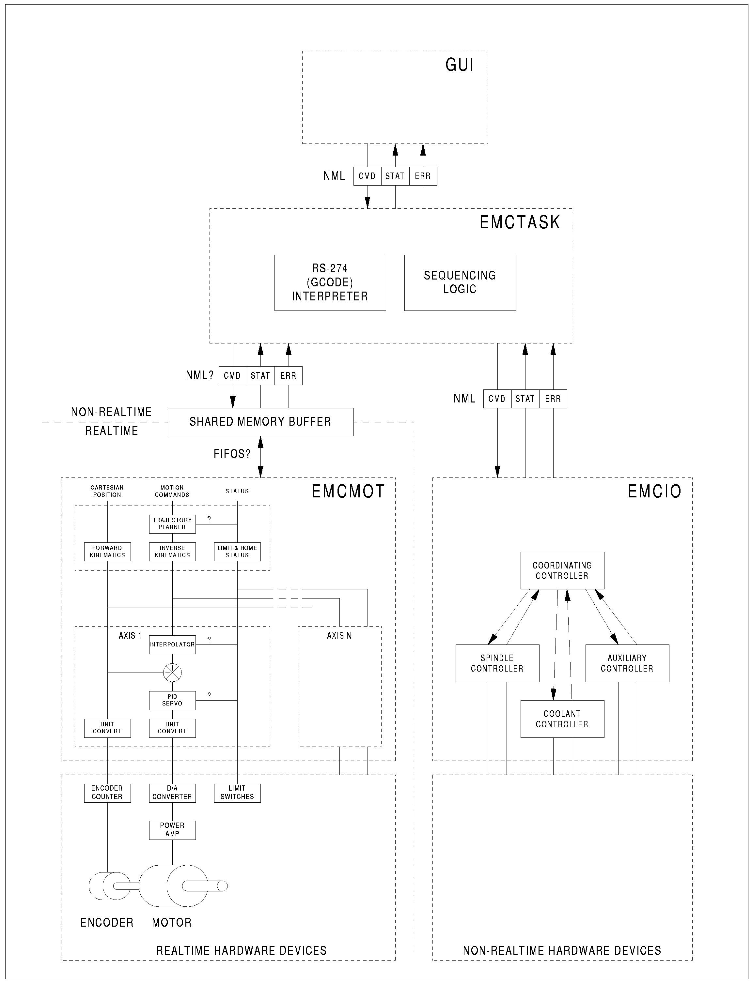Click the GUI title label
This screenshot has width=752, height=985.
[459, 65]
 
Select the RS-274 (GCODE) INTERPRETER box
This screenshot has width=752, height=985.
[330, 283]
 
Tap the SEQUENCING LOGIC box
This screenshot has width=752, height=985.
[460, 283]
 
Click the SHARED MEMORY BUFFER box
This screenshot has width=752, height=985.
[260, 422]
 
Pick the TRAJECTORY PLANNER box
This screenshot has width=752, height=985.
[172, 524]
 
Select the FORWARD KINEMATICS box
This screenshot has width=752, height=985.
[107, 552]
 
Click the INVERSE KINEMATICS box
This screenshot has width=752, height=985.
[172, 552]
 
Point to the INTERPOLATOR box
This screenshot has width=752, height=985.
[172, 644]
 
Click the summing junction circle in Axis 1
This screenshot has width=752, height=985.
[172, 672]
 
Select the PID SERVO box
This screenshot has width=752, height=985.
[172, 700]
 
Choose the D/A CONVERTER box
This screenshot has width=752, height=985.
[172, 793]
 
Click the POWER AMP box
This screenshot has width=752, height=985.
[172, 830]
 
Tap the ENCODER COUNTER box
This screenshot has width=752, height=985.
[107, 793]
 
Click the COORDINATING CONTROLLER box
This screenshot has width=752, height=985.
[562, 571]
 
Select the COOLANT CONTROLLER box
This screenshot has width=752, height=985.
[562, 719]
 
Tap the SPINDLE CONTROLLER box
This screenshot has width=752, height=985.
[497, 663]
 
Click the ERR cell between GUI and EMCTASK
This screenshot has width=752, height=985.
[423, 176]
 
